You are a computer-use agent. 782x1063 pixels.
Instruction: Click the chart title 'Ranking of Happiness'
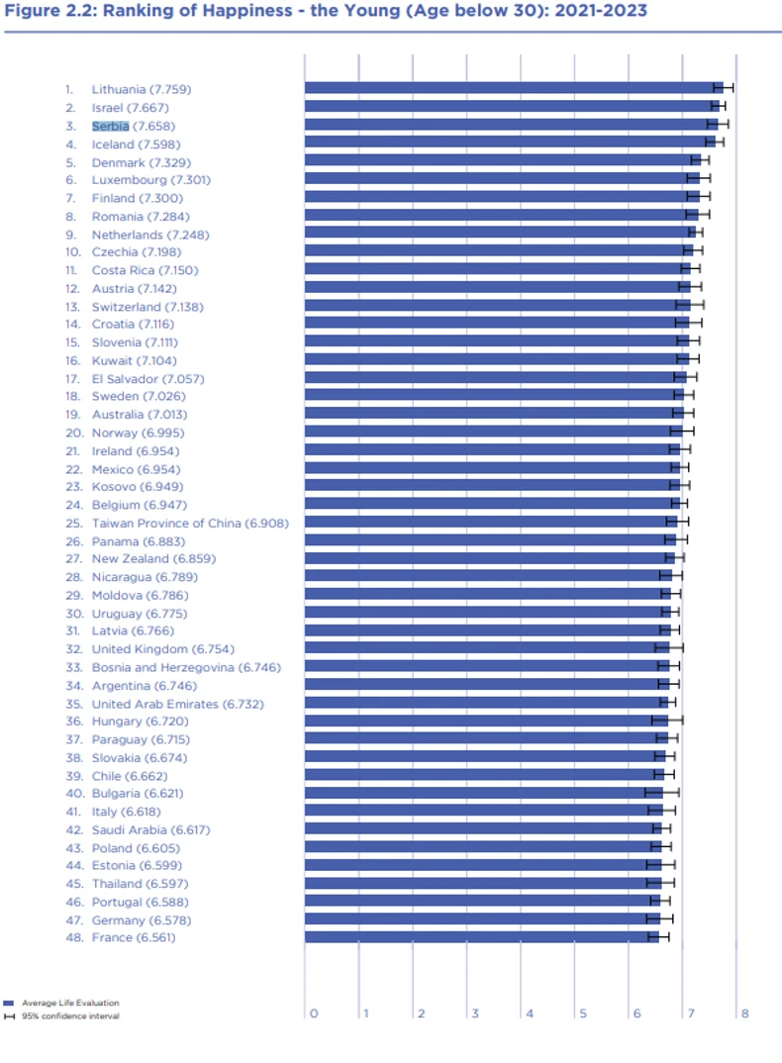pos(326,11)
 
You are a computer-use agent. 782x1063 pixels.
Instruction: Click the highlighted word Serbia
pos(110,126)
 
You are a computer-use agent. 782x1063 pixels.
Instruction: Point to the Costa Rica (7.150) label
pos(145,270)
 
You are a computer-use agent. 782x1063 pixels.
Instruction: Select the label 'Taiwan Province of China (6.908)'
pos(190,523)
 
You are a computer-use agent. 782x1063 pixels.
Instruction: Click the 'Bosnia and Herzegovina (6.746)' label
pos(186,667)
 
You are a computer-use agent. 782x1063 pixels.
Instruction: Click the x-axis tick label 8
pos(743,1014)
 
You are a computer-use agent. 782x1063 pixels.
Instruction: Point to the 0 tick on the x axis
pos(314,1014)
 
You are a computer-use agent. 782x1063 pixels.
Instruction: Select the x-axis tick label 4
pos(529,1014)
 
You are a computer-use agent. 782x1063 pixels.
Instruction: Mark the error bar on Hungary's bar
pos(667,720)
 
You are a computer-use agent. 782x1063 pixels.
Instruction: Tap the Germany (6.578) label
pos(133,919)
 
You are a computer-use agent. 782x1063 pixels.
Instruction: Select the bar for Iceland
pos(505,143)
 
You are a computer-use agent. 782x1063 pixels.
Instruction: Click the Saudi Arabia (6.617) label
pos(150,829)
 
